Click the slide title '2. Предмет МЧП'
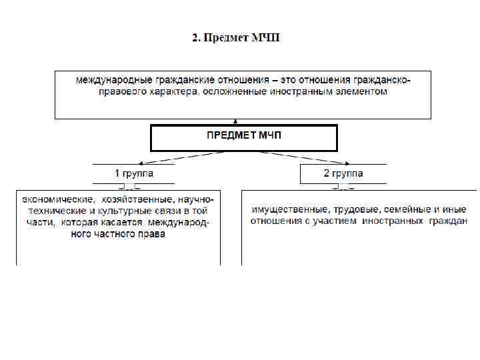236,37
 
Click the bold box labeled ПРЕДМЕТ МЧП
244,138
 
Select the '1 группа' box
133,173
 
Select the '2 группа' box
343,173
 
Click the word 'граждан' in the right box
448,221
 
